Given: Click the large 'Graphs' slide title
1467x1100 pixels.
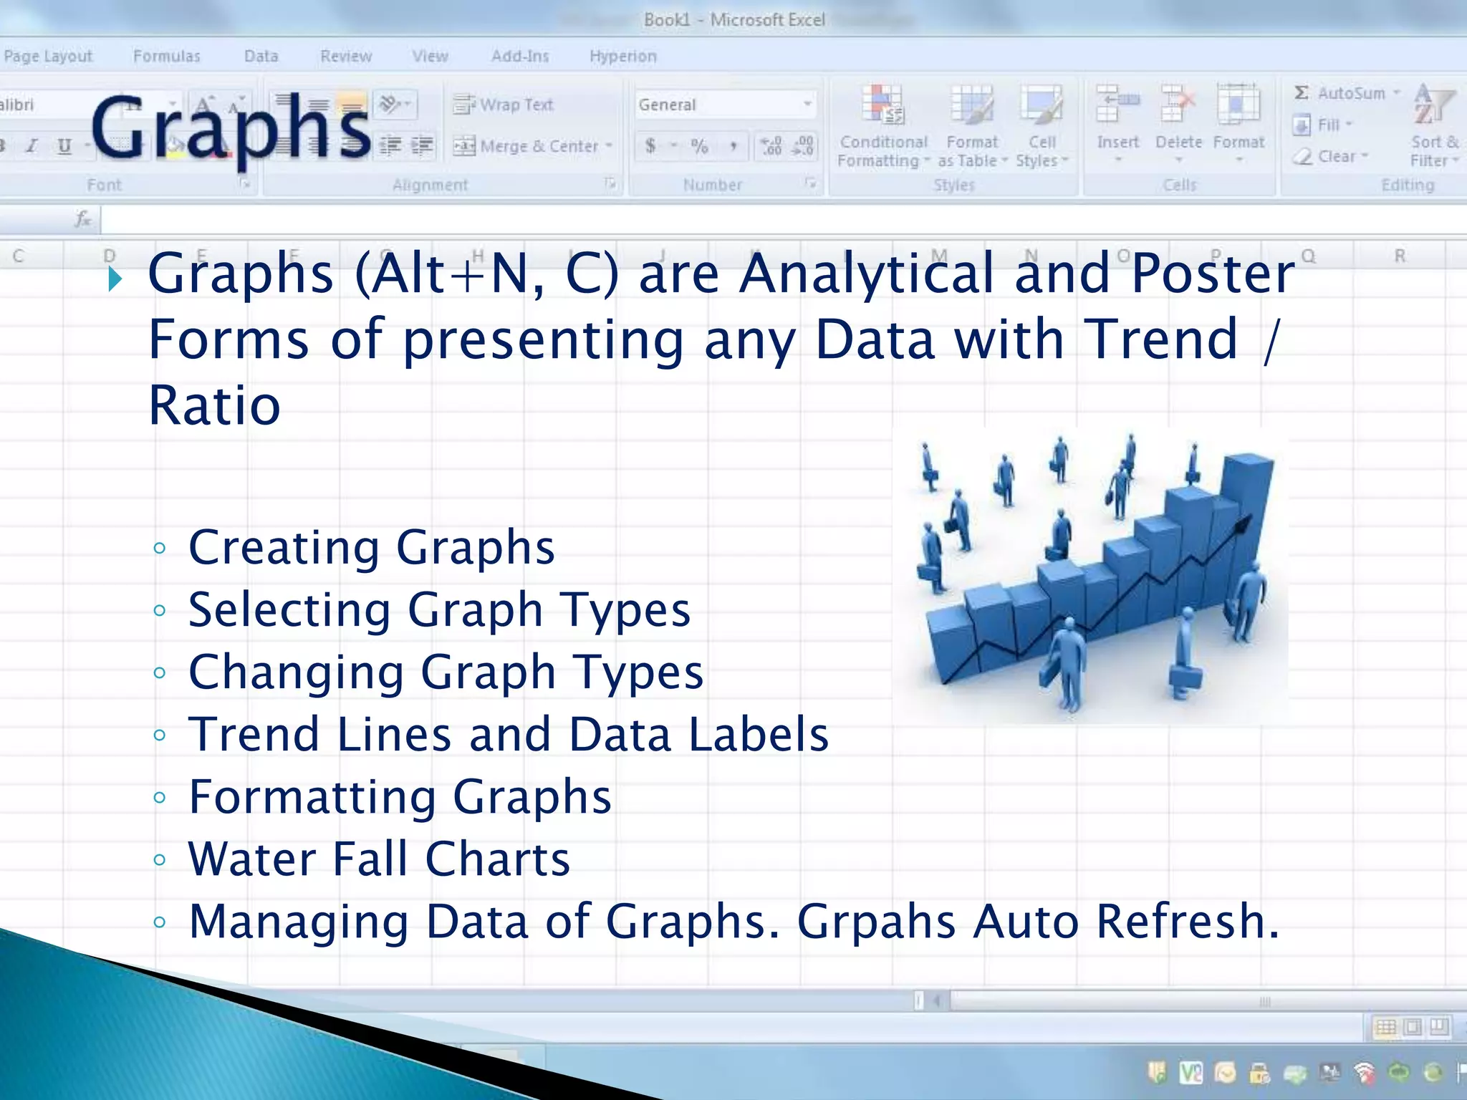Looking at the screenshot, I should click(x=231, y=129).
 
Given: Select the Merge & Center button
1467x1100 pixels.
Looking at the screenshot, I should click(x=534, y=146).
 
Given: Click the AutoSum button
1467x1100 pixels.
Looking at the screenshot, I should click(x=1347, y=93).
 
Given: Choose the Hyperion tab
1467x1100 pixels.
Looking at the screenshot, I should click(x=622, y=56).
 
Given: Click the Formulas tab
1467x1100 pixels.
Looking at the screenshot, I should click(x=166, y=56).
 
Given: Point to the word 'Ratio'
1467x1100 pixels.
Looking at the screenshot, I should click(x=214, y=405).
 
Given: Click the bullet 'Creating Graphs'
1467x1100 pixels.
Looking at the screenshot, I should click(x=371, y=548).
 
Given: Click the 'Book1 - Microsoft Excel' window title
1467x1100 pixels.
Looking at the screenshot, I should click(x=733, y=19).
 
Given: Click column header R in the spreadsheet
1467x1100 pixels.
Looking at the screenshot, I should click(x=1399, y=256).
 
